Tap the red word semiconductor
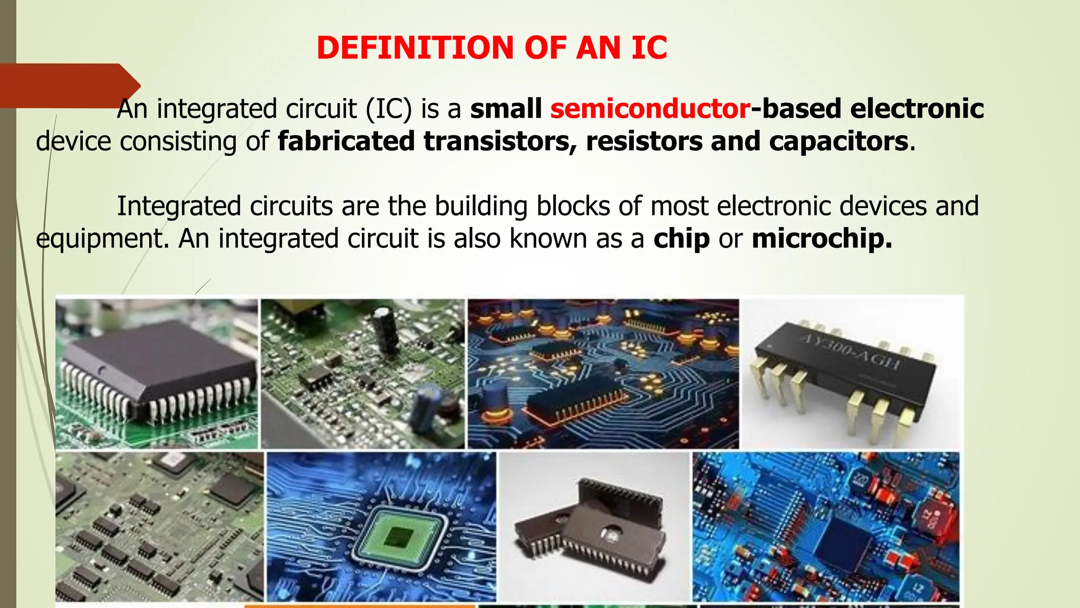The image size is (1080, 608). click(x=650, y=109)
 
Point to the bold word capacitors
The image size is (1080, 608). click(x=838, y=141)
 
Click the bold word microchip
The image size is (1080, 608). click(x=822, y=239)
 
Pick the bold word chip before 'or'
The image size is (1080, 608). click(x=681, y=239)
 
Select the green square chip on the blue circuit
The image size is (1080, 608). click(x=398, y=536)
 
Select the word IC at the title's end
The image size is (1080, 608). click(x=649, y=47)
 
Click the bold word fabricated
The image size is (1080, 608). click(x=346, y=141)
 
